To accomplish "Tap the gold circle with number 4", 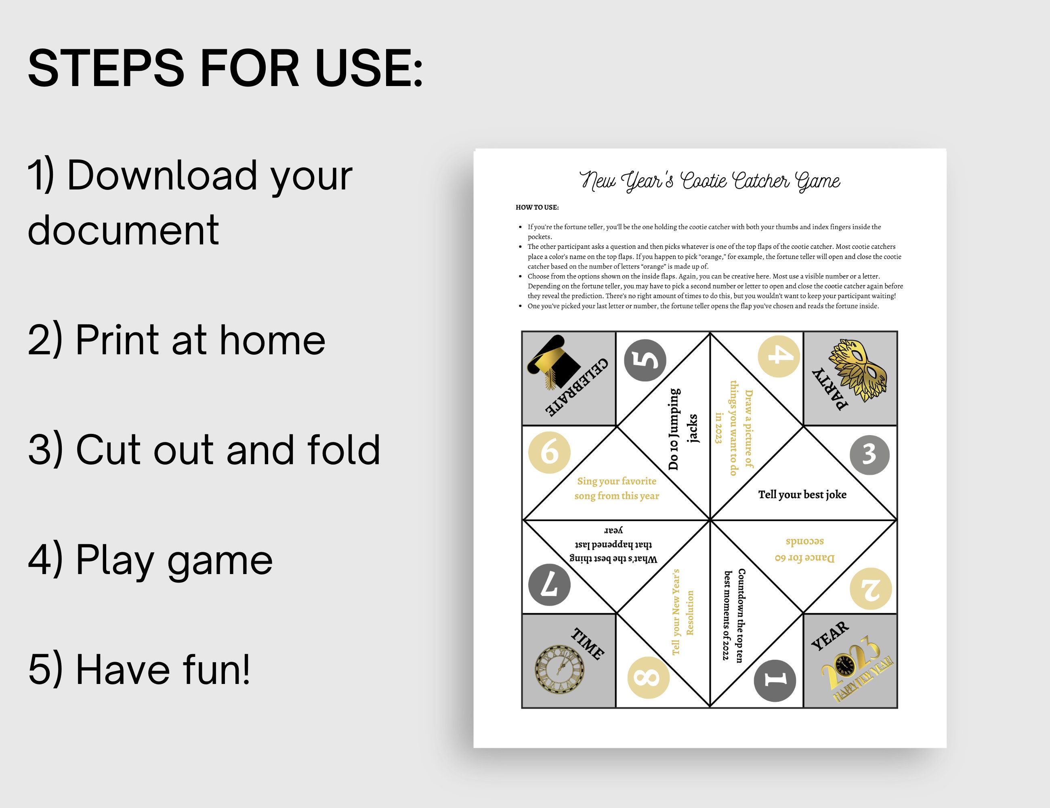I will click(779, 356).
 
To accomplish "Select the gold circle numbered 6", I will click(549, 452).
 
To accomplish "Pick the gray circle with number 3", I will click(869, 455).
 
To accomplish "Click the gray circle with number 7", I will click(549, 585).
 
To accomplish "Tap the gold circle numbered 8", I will click(648, 678).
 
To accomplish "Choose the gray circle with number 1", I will click(775, 680).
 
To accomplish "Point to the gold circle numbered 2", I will click(871, 589).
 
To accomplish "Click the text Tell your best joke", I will click(802, 494).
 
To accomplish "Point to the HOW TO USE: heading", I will click(537, 207).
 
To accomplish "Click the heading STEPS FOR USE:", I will click(225, 68).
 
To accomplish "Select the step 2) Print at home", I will click(176, 341).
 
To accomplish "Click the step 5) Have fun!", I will click(139, 669).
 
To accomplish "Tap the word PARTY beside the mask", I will click(830, 389).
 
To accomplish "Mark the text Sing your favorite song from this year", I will click(617, 488).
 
